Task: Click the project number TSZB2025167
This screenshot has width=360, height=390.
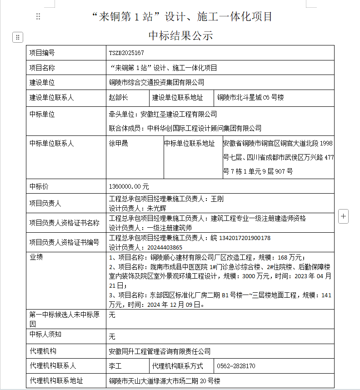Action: pos(126,53)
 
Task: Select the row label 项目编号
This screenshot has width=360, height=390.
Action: pos(42,53)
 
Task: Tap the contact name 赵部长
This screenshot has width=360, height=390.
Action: pos(119,97)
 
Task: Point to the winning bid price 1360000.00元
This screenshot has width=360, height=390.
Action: pos(129,186)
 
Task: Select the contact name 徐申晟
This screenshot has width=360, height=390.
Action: pos(119,144)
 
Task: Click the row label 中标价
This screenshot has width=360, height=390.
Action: pos(39,186)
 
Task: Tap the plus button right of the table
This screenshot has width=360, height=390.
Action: pos(344,216)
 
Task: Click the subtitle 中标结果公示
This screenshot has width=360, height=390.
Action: pos(180,35)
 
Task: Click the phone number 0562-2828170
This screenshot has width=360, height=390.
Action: pos(236,366)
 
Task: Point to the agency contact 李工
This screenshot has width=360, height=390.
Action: pos(115,366)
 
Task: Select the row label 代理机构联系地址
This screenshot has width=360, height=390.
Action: pos(56,380)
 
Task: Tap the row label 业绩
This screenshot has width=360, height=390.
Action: pos(36,257)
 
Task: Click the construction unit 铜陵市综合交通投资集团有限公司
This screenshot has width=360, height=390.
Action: pos(157,82)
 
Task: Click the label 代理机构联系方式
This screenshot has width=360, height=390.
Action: pos(177,366)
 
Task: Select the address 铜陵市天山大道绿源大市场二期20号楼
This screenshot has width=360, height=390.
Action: pos(165,381)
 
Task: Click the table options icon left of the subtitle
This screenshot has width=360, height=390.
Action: pos(17,37)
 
